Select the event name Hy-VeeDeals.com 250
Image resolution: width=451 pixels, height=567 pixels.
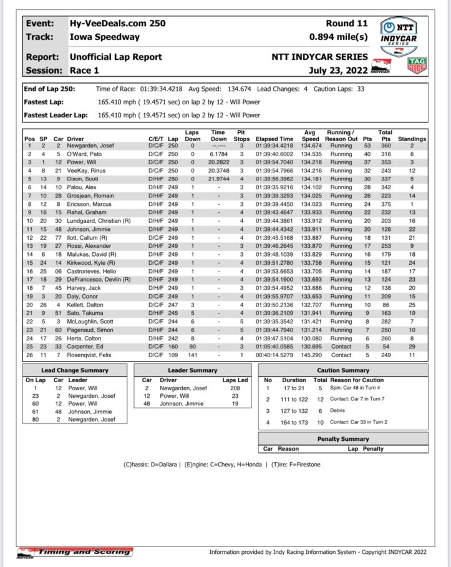[117, 23]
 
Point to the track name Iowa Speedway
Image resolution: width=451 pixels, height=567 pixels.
[104, 37]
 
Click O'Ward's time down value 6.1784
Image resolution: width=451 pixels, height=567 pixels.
[218, 154]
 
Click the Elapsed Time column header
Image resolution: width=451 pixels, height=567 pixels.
[274, 138]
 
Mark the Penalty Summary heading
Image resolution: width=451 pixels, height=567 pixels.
[343, 439]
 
